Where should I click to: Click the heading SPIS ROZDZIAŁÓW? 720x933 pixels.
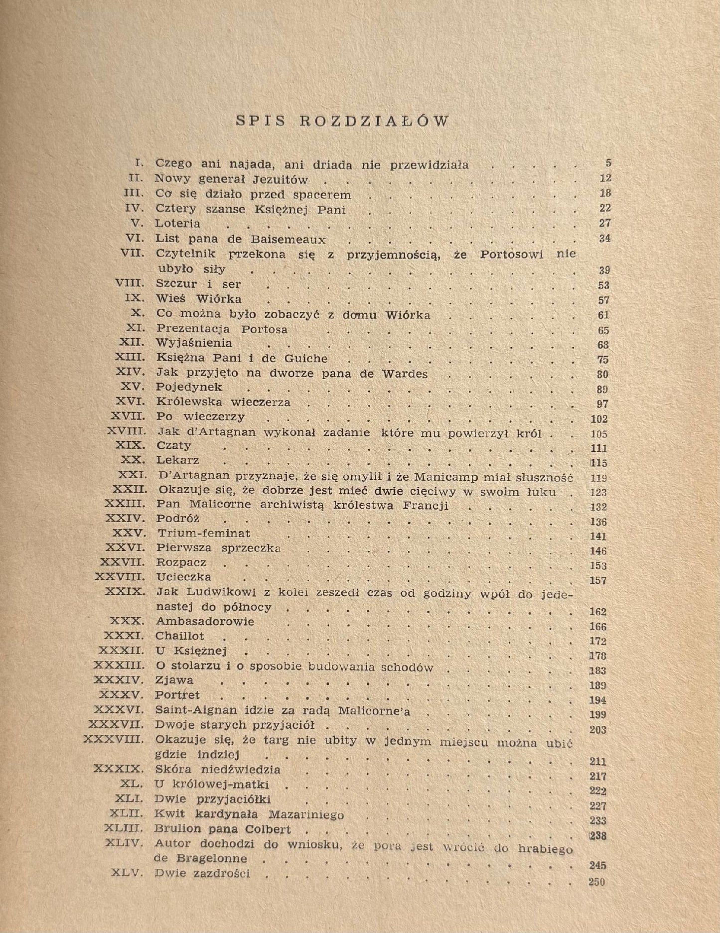click(x=342, y=121)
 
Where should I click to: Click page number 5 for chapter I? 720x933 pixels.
click(x=608, y=163)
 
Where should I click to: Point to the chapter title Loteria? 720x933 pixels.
click(x=178, y=224)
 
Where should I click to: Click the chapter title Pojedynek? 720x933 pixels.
click(x=189, y=387)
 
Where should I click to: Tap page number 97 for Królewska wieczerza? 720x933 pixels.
click(x=602, y=404)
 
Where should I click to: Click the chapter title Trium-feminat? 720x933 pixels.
click(x=204, y=533)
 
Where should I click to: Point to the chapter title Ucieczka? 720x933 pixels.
click(x=183, y=577)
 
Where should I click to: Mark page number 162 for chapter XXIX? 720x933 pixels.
click(x=597, y=612)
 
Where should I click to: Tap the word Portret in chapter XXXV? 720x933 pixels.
click(x=177, y=695)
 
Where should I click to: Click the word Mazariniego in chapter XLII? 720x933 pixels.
click(x=306, y=815)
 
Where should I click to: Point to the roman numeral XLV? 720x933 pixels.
click(x=124, y=873)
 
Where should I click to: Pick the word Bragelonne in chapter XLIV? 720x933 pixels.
click(x=212, y=858)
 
